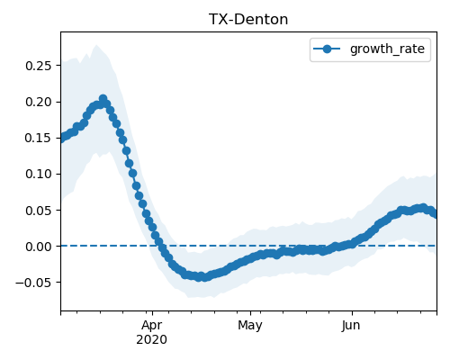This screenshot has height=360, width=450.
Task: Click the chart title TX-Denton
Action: point(248,20)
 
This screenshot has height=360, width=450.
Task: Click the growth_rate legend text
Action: point(387,49)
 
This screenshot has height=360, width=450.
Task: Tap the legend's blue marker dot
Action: point(327,49)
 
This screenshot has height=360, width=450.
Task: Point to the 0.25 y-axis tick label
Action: point(39,66)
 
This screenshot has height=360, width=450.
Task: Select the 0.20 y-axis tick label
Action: point(39,102)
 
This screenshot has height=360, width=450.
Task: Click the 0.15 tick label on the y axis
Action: point(39,138)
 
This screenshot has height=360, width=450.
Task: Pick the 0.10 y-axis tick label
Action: point(39,174)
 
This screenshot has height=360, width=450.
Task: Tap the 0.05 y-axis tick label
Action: point(39,211)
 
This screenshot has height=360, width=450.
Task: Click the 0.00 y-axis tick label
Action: point(39,247)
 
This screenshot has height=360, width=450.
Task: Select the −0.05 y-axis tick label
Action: point(34,283)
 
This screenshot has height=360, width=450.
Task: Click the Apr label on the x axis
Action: point(152,326)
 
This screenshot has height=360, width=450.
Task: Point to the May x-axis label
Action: point(250,326)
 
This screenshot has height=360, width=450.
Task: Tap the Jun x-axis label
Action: point(351,326)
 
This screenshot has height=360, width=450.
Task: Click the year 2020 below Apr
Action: point(152,340)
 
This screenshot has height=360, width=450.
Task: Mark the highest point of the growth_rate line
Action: point(103,98)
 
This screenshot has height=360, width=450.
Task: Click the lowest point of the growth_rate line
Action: point(204,277)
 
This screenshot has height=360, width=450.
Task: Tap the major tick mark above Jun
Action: point(352,313)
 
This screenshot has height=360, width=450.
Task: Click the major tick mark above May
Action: point(251,313)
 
